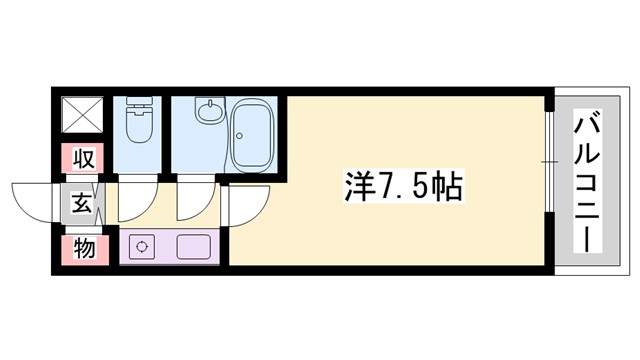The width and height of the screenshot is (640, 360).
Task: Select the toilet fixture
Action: [138, 127]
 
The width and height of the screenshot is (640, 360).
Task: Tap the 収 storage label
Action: [85, 157]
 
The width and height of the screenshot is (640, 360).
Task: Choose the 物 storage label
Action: [85, 247]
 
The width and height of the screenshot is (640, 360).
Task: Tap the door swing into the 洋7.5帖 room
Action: [242, 205]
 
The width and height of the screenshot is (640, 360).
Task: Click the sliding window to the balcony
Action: [549, 160]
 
